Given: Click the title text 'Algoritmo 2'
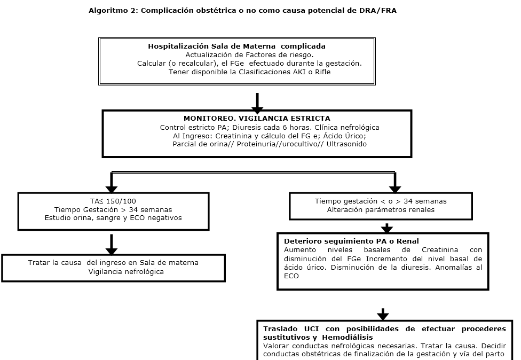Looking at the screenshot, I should point(111,11).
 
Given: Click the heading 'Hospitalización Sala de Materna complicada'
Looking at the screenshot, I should point(236,46).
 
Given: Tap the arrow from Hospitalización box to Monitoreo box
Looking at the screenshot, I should point(257,101).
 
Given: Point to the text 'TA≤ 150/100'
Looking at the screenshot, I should point(113,201).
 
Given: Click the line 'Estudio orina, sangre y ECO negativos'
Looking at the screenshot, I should point(113,217).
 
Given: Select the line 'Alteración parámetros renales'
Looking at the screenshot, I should point(381,209).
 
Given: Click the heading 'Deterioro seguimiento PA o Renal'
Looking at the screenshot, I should point(351,241).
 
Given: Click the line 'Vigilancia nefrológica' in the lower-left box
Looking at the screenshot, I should point(125,271).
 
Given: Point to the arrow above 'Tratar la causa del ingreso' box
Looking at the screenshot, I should point(111,245).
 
